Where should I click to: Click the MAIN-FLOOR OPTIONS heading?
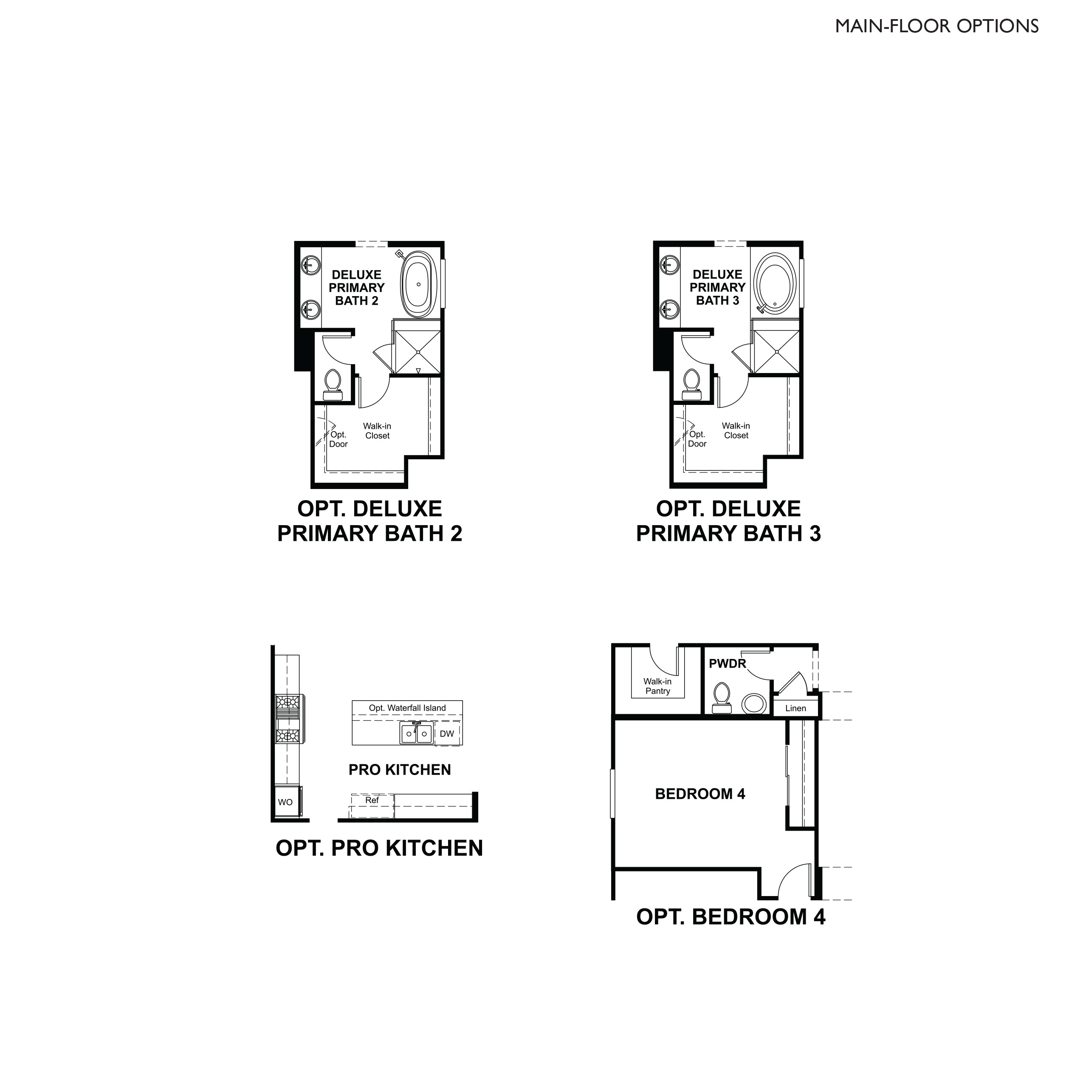[x=936, y=26]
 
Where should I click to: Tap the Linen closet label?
[x=795, y=708]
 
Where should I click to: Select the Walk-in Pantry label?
[x=657, y=686]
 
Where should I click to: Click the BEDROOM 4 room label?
[x=700, y=794]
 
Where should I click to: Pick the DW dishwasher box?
[x=447, y=733]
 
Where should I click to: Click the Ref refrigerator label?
[x=372, y=800]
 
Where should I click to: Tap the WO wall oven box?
[x=285, y=802]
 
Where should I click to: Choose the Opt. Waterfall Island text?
[x=407, y=708]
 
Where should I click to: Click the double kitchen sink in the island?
[x=417, y=733]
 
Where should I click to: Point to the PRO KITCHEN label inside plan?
[x=400, y=770]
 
